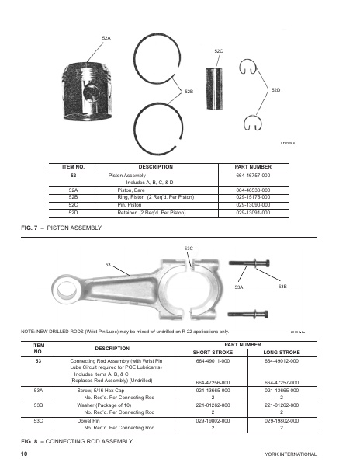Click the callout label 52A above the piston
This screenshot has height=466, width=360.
click(x=106, y=37)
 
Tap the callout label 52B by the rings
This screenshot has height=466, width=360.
click(x=189, y=92)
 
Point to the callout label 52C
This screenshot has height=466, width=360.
click(x=218, y=50)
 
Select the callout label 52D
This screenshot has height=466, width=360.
click(x=276, y=92)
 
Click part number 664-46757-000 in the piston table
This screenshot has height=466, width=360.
click(x=253, y=176)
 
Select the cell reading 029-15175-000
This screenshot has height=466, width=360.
click(x=253, y=197)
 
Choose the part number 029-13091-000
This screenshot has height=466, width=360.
click(x=253, y=212)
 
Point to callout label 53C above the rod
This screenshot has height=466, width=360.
click(x=189, y=248)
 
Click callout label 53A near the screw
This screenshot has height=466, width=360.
click(x=238, y=287)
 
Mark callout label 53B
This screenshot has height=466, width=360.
click(x=282, y=287)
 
